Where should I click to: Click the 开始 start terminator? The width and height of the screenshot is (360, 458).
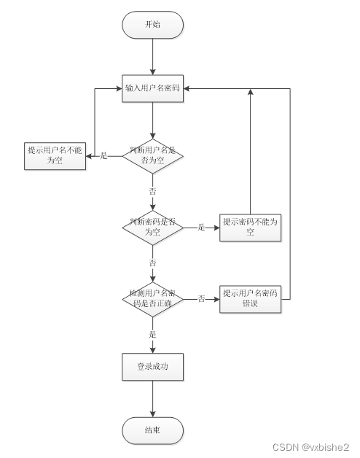[x=152, y=25]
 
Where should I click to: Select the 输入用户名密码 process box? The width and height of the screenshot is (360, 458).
[x=152, y=88]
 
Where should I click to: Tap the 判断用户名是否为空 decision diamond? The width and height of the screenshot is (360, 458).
[x=152, y=155]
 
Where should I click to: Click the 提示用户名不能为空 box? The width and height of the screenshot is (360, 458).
[x=56, y=155]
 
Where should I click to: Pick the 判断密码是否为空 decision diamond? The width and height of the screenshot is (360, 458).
[x=152, y=227]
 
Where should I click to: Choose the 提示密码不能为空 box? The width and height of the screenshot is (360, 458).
[x=250, y=227]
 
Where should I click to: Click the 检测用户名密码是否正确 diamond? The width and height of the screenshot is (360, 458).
[x=152, y=298]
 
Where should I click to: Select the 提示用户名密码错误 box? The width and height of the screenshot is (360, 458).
[x=250, y=299]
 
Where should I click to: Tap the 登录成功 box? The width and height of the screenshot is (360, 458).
[x=152, y=367]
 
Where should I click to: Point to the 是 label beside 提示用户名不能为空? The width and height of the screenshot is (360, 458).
[x=103, y=155]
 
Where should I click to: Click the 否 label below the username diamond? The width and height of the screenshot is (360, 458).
[x=152, y=190]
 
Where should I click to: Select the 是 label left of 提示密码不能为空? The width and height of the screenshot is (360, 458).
[x=201, y=227]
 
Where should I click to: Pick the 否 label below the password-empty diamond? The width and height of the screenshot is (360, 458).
[x=152, y=262]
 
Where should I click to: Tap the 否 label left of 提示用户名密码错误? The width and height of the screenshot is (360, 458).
[x=201, y=298]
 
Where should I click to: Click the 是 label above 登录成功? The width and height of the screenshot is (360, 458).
[x=152, y=334]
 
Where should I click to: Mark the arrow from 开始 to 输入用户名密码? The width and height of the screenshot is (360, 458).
[x=152, y=56]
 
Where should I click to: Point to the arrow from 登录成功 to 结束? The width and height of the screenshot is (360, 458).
[x=152, y=399]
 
